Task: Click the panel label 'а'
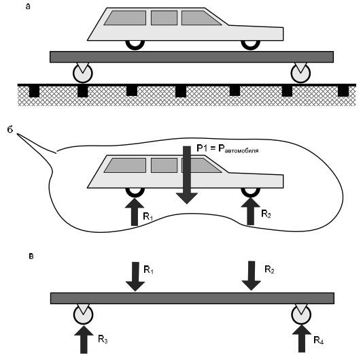[x=28, y=7]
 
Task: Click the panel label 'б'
[x=10, y=129]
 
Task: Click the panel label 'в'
[x=31, y=256]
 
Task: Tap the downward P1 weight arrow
[x=187, y=175]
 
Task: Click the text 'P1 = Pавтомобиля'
[x=228, y=148]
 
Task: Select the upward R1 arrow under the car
[x=135, y=212]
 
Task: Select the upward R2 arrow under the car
[x=250, y=211]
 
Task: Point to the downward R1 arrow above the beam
[x=135, y=276]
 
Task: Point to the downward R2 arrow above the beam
[x=252, y=276]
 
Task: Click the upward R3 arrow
[x=84, y=340]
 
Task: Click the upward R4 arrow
[x=302, y=339]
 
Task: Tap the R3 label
[x=103, y=339]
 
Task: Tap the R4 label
[x=319, y=340]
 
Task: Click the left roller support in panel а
[x=83, y=73]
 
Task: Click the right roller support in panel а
[x=300, y=73]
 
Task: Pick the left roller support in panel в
[x=84, y=314]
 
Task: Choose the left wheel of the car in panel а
[x=135, y=45]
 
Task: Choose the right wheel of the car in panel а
[x=250, y=45]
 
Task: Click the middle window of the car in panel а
[x=164, y=18]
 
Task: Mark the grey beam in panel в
[x=192, y=298]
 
